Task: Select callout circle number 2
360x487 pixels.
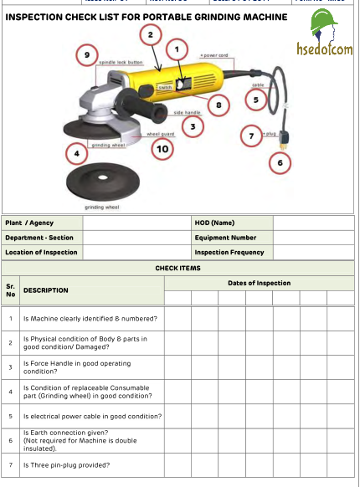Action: [x=149, y=34]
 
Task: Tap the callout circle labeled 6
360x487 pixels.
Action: [x=280, y=162]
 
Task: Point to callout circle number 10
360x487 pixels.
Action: [x=162, y=148]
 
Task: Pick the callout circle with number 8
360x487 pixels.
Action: [x=219, y=105]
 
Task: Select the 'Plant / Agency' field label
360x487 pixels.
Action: [x=29, y=223]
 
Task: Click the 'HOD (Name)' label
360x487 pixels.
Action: [x=214, y=223]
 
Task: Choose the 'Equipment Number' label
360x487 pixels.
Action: [x=225, y=237]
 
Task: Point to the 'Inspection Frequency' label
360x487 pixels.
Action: [x=229, y=252]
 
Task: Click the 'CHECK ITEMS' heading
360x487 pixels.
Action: [x=177, y=268]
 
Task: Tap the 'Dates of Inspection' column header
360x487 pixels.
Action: [x=259, y=283]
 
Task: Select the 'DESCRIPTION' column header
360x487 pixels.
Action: [x=46, y=290]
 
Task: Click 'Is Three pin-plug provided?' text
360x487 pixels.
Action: [x=66, y=465]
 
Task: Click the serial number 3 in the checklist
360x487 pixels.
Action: [x=11, y=367]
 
